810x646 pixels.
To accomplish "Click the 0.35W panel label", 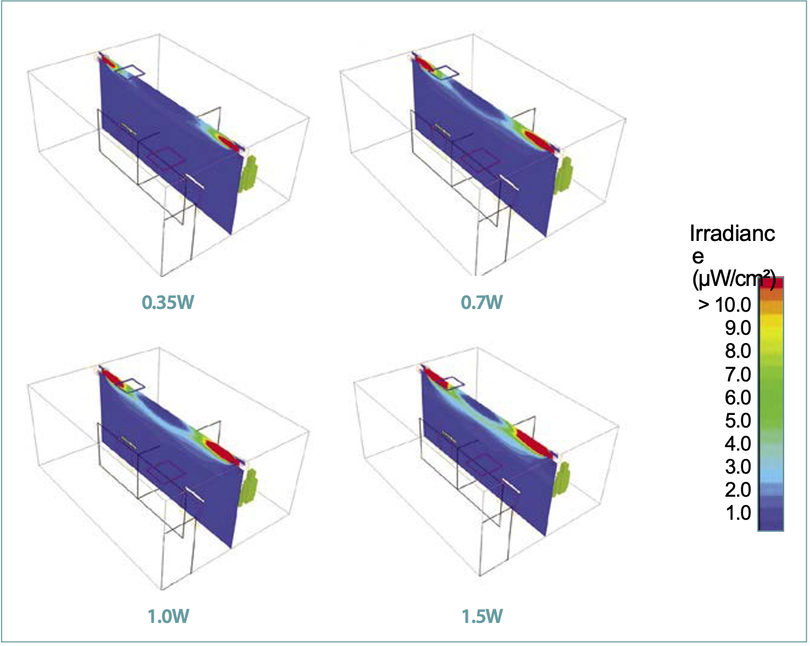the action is coord(168,302).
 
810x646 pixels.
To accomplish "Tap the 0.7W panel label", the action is coord(482,302).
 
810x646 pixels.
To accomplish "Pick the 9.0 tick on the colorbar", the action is coord(738,328).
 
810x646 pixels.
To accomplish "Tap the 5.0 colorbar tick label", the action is coord(738,420).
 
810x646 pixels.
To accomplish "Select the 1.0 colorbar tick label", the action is coord(738,513).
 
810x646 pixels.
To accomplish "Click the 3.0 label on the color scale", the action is coord(738,467).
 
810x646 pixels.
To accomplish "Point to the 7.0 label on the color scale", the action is coord(738,374).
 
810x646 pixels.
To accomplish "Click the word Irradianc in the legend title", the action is coord(733,233).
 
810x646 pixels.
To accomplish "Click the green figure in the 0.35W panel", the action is coord(250,173).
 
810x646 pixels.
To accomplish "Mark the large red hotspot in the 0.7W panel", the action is coord(540,141).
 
